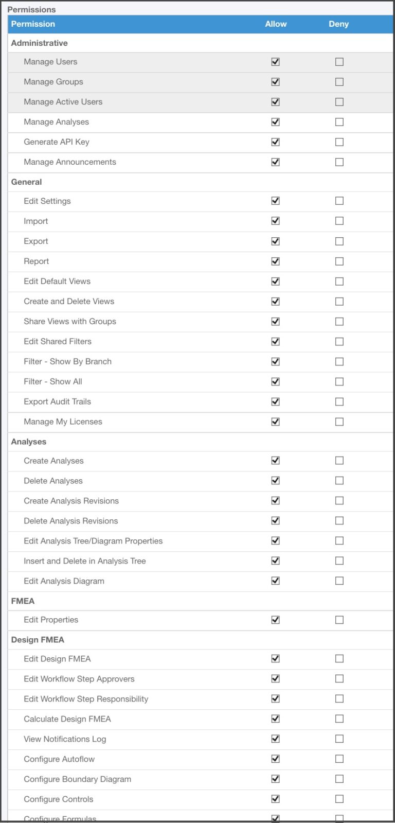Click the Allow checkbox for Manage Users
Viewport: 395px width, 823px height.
[x=276, y=62]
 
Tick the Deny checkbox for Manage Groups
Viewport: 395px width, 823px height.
[x=339, y=82]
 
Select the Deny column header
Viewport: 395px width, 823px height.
[x=338, y=24]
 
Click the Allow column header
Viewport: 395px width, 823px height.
[x=276, y=24]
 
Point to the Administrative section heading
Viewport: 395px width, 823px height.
[x=40, y=43]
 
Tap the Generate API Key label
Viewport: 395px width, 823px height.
[x=57, y=142]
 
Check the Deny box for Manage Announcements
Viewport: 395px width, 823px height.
[x=339, y=162]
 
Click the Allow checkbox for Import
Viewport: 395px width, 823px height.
[x=276, y=221]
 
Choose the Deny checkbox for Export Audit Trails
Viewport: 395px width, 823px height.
[x=339, y=401]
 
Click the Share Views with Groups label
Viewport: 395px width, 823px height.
[x=70, y=322]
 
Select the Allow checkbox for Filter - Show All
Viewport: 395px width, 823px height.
[x=276, y=381]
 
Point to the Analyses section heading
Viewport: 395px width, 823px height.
[x=29, y=442]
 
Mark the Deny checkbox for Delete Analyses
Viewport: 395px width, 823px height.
[x=339, y=481]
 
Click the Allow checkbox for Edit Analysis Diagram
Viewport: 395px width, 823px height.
[x=276, y=581]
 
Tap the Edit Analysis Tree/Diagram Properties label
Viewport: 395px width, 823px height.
[x=93, y=541]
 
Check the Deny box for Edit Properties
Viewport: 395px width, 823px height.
[x=339, y=620]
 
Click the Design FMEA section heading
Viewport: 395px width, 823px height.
[x=38, y=640]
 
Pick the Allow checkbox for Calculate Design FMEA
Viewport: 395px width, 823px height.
[x=276, y=719]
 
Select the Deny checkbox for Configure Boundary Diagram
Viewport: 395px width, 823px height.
[x=339, y=779]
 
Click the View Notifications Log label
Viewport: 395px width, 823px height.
[x=65, y=739]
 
